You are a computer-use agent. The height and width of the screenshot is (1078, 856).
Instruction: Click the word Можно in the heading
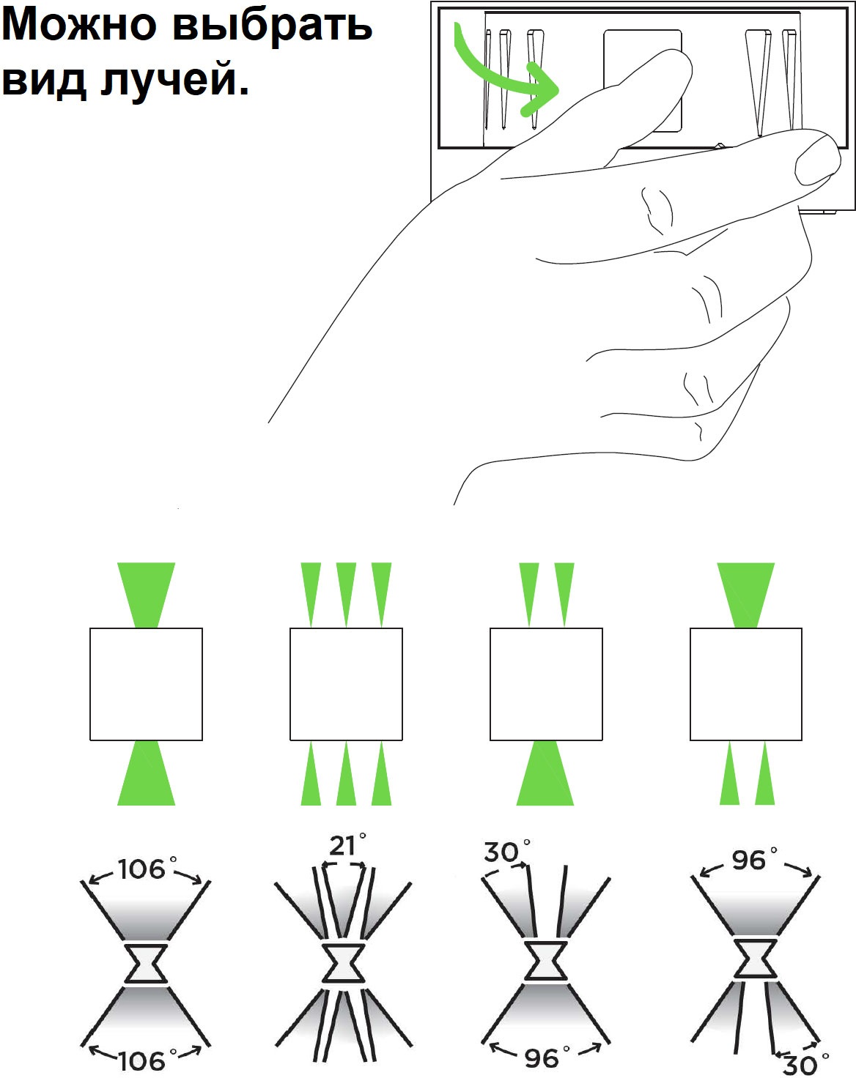(x=79, y=24)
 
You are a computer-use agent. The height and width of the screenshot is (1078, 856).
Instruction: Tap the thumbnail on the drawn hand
(x=817, y=160)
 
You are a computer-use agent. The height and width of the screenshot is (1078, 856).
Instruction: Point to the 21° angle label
(x=347, y=846)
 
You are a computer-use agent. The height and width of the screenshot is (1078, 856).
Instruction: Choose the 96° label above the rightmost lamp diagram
(x=755, y=860)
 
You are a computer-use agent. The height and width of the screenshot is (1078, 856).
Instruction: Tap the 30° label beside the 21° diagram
(x=507, y=851)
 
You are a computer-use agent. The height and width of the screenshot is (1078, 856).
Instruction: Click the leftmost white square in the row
(x=146, y=684)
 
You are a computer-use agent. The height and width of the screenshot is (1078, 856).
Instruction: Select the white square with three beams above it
(x=346, y=684)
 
